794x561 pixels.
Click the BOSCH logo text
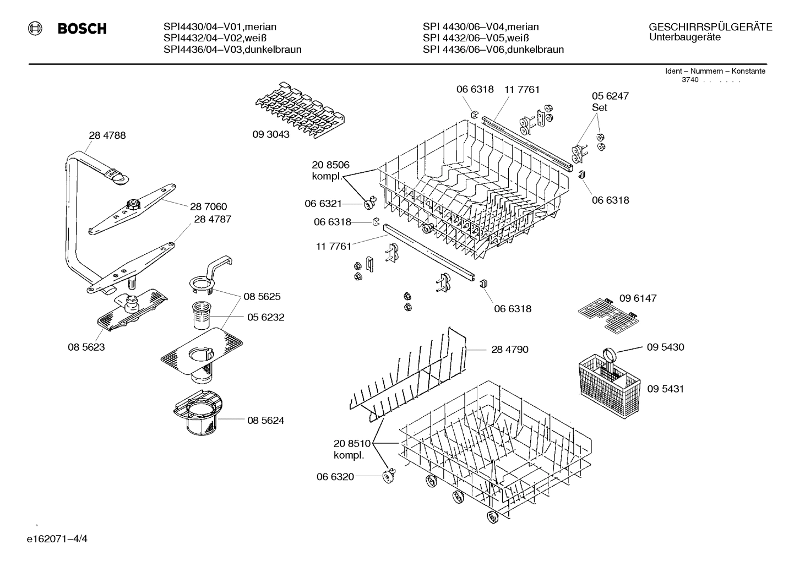pyautogui.click(x=82, y=29)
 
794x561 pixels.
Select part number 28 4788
pyautogui.click(x=107, y=135)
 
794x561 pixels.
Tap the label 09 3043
pyautogui.click(x=271, y=134)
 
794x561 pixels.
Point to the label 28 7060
pyautogui.click(x=208, y=206)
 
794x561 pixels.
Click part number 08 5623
pyautogui.click(x=86, y=347)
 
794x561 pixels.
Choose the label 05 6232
pyautogui.click(x=265, y=317)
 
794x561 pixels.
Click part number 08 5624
pyautogui.click(x=265, y=420)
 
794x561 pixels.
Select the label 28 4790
pyautogui.click(x=509, y=349)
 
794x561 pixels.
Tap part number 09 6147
pyautogui.click(x=638, y=298)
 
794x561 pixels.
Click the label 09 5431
pyautogui.click(x=665, y=389)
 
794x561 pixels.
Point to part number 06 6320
pyautogui.click(x=335, y=477)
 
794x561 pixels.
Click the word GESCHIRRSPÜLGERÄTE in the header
pyautogui.click(x=710, y=27)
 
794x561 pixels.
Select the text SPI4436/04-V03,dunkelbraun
pyautogui.click(x=232, y=50)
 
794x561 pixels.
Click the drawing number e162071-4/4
pyautogui.click(x=57, y=538)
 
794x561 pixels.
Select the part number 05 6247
pyautogui.click(x=610, y=96)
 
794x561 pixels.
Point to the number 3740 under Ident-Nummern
pyautogui.click(x=689, y=80)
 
